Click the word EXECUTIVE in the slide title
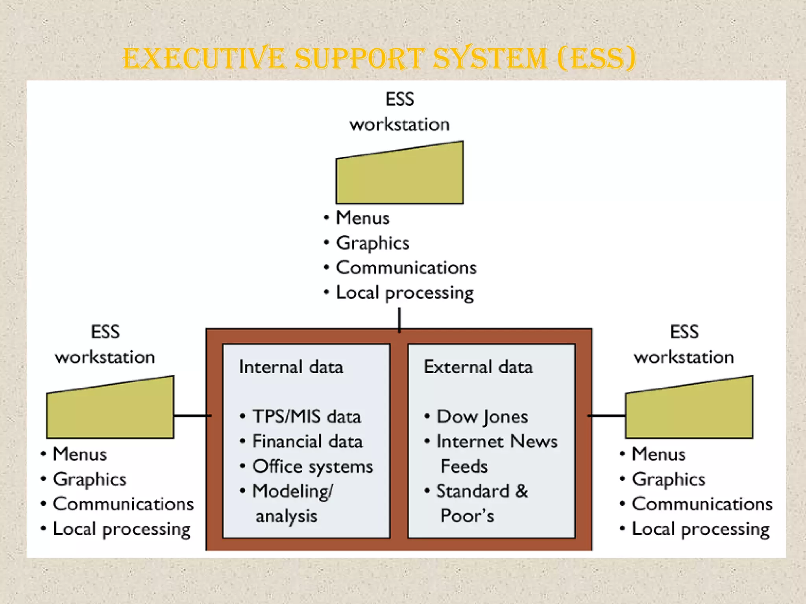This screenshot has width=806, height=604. pos(203,59)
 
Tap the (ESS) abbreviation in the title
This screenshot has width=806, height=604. pos(596,59)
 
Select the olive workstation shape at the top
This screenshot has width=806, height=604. pos(399,177)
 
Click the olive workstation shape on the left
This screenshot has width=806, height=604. pos(110,411)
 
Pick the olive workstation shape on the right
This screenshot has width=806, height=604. pos(689,411)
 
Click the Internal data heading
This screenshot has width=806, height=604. pos(291,367)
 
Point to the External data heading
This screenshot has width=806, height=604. pos(478,367)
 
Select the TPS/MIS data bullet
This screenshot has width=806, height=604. pos(306,416)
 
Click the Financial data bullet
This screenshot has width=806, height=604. pos(307,441)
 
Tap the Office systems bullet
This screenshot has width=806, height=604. pos(312,466)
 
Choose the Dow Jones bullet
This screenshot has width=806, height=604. pos(482,416)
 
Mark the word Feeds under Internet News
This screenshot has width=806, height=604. pos(464,466)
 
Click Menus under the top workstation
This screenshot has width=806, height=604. pos(362,218)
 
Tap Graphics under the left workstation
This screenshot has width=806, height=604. pos(90,479)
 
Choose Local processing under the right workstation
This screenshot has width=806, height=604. pos(701,529)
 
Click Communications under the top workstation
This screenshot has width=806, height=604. pos(406,268)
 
